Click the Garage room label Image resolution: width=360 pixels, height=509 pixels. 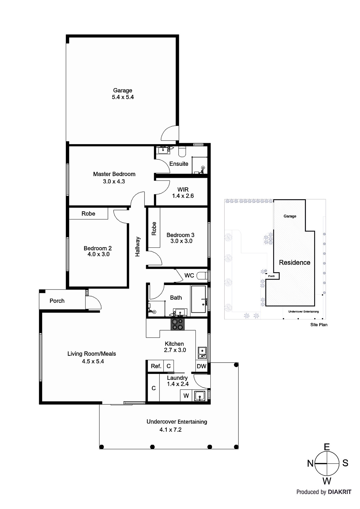tap(123, 90)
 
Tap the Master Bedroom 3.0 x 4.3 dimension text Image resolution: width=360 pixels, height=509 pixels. tap(114, 181)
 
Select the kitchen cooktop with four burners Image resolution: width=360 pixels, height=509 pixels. tap(178, 324)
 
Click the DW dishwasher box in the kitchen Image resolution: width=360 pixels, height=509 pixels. tap(201, 366)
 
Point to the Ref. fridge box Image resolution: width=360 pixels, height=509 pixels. tap(156, 366)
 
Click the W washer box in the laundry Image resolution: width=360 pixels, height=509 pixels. tap(186, 396)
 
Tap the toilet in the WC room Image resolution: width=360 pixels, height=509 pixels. tap(202, 275)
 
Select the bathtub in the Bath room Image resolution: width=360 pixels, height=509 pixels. tap(199, 299)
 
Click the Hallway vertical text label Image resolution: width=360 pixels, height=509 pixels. tap(138, 247)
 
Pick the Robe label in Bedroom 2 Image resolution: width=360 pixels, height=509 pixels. tap(88, 213)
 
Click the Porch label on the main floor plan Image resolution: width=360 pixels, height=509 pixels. tap(57, 301)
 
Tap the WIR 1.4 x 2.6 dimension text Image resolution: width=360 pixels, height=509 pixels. tap(183, 196)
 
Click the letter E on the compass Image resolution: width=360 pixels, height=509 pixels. tap(327, 447)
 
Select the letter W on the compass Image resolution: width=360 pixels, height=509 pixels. tap(327, 481)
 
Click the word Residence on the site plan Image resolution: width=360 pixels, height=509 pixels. tap(294, 262)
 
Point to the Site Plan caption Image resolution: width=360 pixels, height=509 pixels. tap(319, 325)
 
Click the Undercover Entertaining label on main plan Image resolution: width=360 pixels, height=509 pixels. tap(177, 422)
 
